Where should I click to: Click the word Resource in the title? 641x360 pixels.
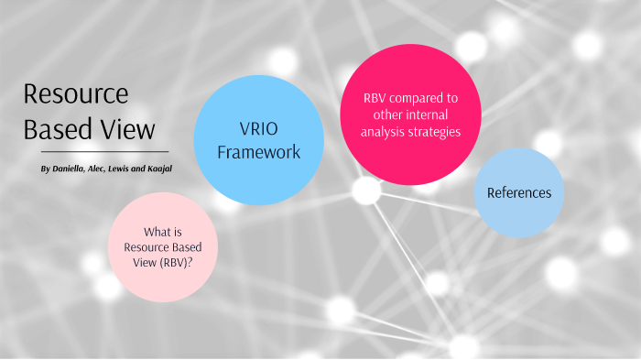pyautogui.click(x=76, y=94)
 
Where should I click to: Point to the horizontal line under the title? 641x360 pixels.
pyautogui.click(x=105, y=151)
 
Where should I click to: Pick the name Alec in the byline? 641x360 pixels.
pyautogui.click(x=102, y=170)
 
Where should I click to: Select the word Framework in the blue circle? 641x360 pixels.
pyautogui.click(x=258, y=151)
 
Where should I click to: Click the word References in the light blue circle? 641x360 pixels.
pyautogui.click(x=519, y=192)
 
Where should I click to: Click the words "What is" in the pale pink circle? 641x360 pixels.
pyautogui.click(x=163, y=233)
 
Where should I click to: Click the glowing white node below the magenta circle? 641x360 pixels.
pyautogui.click(x=366, y=191)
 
